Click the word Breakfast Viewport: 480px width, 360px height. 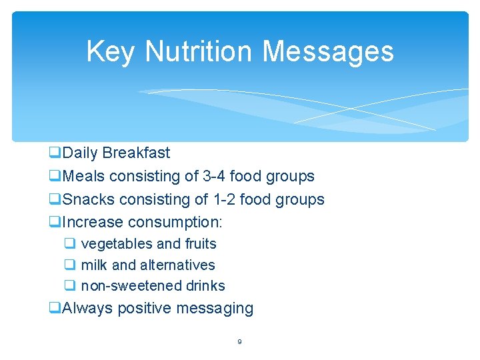(136, 153)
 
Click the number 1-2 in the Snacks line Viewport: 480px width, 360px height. (223, 199)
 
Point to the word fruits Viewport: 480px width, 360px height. (199, 244)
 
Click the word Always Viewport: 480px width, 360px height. (85, 309)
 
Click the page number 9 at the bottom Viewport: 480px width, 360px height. (239, 343)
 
